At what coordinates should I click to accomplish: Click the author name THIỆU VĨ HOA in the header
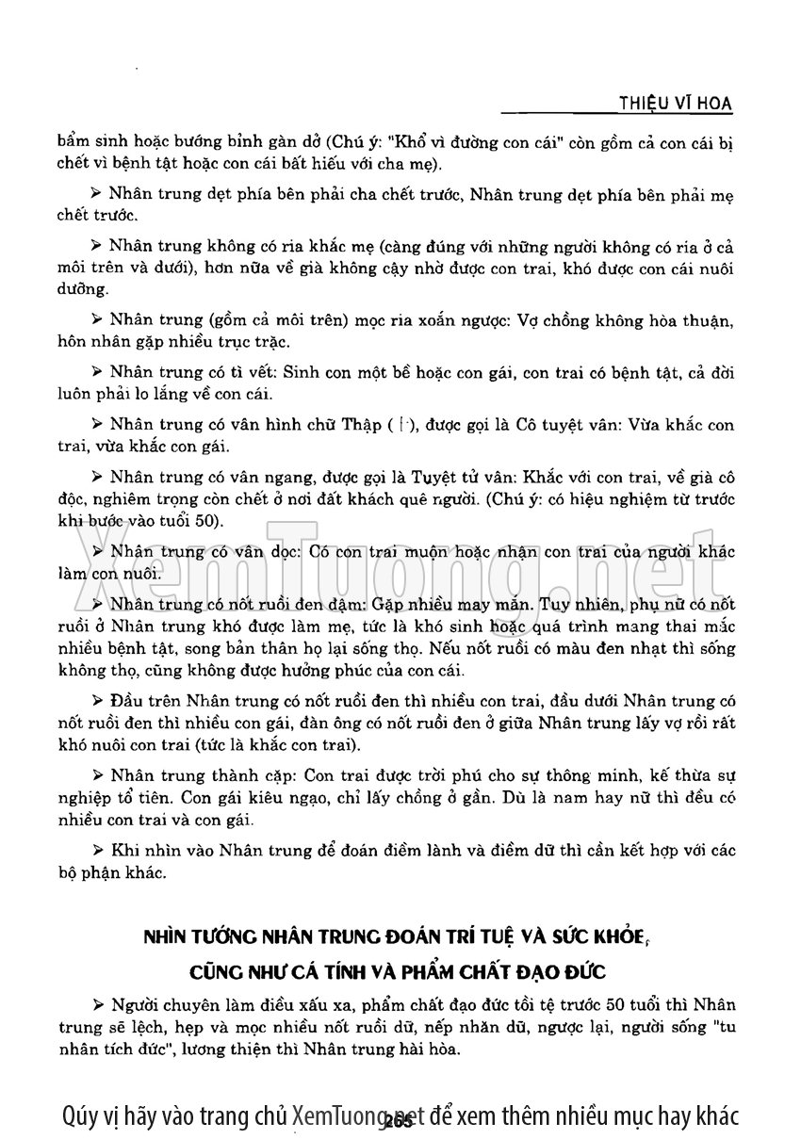click(673, 103)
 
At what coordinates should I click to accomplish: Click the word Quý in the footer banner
click(81, 1115)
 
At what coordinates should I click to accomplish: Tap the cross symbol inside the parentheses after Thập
click(400, 425)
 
